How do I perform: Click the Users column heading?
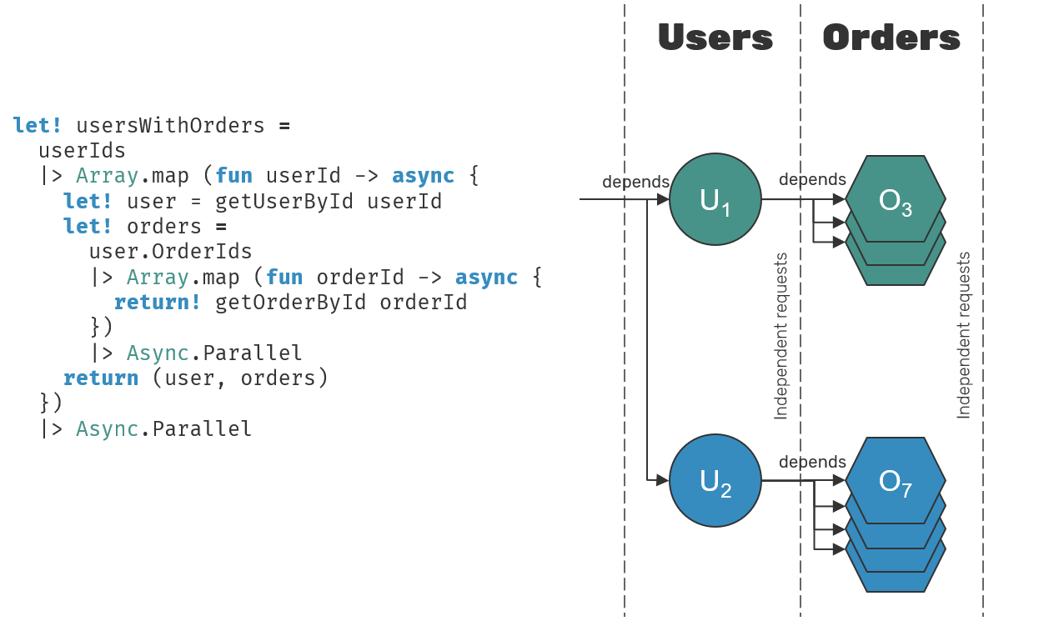point(715,38)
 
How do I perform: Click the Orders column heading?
point(891,38)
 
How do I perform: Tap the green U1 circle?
point(715,199)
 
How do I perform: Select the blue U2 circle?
point(715,481)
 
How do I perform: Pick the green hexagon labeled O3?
point(896,200)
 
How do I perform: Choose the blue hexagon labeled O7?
point(896,481)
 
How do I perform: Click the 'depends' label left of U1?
point(635,183)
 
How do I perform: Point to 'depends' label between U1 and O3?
point(812,180)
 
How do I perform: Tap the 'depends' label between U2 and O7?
point(812,463)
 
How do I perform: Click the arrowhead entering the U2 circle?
point(663,481)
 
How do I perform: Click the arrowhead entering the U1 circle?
point(663,199)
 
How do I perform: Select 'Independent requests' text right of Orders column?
point(964,335)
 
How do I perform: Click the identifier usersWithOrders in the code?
point(170,126)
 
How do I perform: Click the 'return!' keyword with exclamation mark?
point(158,303)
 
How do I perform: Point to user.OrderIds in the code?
point(170,252)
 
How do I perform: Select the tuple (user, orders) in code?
point(240,378)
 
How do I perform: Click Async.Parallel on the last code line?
point(163,429)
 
